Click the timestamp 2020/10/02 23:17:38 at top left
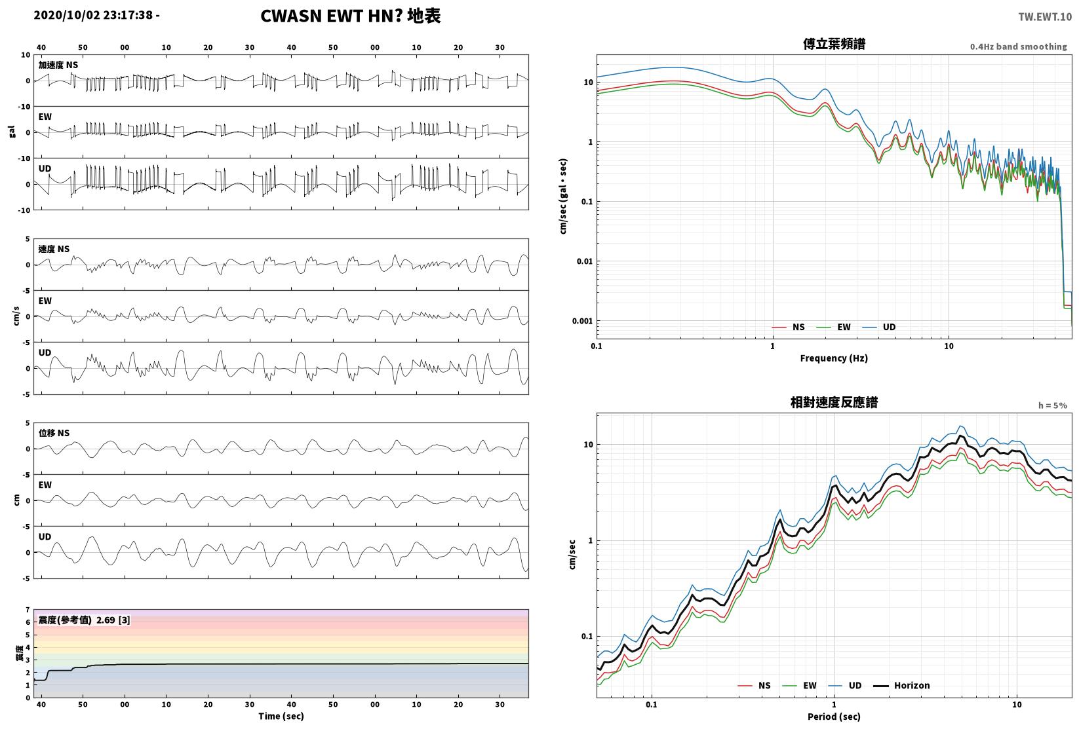pos(93,15)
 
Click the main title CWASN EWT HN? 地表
pos(350,16)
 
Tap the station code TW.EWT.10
pos(1045,17)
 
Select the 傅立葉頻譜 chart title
pos(834,44)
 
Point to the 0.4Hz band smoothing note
pos(1018,47)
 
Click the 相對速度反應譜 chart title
pos(834,402)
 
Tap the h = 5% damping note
pos(1053,405)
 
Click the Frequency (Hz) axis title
pos(834,358)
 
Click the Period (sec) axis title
pos(834,717)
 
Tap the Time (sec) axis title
pos(281,716)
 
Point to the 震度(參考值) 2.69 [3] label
pos(85,620)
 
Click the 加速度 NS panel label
pos(58,65)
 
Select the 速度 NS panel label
pos(54,249)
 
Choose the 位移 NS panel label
pos(54,432)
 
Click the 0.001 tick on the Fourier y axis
pos(582,321)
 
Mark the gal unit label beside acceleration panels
pos(12,132)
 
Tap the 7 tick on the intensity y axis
pos(28,610)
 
